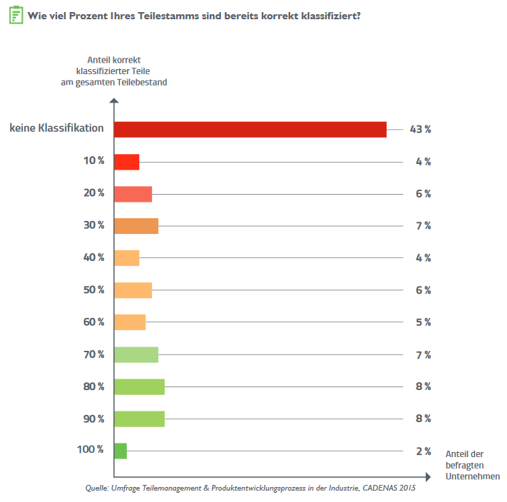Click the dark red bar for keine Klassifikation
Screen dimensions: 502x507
(x=250, y=129)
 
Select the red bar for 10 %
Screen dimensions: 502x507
(x=126, y=161)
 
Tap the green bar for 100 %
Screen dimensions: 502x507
(x=121, y=451)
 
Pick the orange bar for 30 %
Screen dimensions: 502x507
(x=136, y=225)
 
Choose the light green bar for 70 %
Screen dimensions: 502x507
(x=136, y=354)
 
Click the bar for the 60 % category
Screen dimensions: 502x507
(x=130, y=322)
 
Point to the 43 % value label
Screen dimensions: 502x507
(x=420, y=129)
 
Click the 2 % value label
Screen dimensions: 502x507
(x=423, y=451)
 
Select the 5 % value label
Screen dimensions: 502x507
(x=423, y=322)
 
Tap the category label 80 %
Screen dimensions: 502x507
(x=93, y=386)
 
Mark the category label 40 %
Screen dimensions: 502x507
(x=93, y=257)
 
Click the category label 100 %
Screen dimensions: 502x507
(x=91, y=451)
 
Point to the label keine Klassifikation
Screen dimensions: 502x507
(x=57, y=129)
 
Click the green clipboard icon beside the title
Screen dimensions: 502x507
(x=15, y=14)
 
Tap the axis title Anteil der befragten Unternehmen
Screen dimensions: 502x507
(x=472, y=465)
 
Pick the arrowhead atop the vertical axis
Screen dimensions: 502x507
(x=114, y=103)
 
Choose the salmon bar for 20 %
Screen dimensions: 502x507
(x=133, y=193)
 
